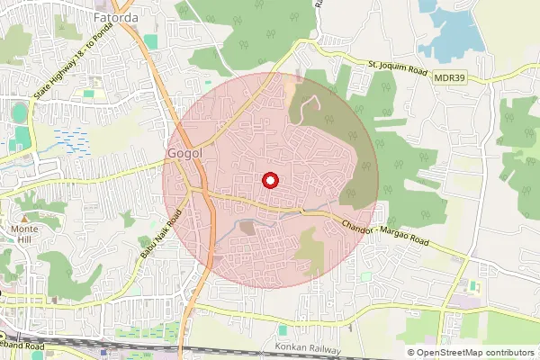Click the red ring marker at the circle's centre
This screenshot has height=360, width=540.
(x=269, y=180)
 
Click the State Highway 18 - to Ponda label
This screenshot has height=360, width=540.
(x=64, y=68)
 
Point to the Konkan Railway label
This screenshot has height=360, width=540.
(x=309, y=347)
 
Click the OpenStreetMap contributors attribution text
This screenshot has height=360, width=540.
(x=476, y=352)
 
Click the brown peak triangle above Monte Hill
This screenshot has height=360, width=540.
(x=25, y=219)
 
